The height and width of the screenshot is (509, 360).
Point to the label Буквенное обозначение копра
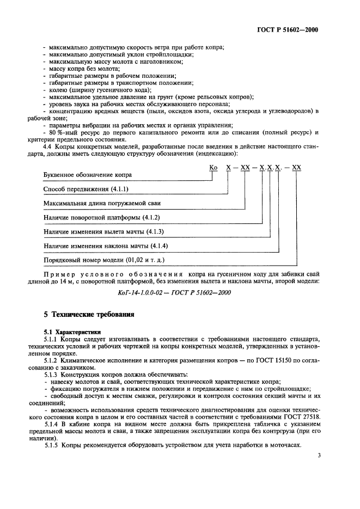pyautogui.click(x=87, y=175)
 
